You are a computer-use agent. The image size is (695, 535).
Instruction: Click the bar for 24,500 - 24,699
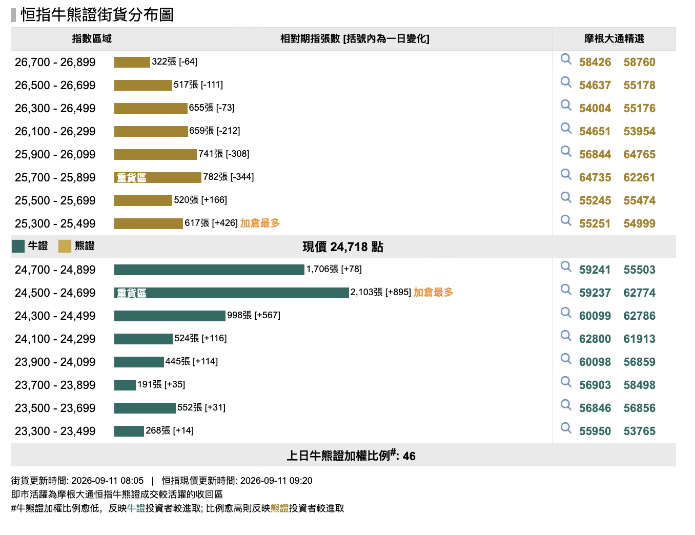pyautogui.click(x=231, y=293)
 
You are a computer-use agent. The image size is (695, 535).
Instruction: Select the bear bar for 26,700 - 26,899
pyautogui.click(x=132, y=62)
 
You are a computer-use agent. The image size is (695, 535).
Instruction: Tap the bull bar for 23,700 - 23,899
pyautogui.click(x=125, y=385)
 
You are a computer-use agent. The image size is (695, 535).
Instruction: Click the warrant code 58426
pyautogui.click(x=595, y=62)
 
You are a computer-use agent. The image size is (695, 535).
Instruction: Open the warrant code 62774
pyautogui.click(x=639, y=293)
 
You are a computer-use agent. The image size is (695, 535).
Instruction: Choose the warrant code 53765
pyautogui.click(x=639, y=431)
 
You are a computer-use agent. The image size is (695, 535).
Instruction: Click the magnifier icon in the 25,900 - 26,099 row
pyautogui.click(x=566, y=151)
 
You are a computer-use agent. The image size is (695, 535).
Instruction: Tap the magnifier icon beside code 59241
pyautogui.click(x=566, y=266)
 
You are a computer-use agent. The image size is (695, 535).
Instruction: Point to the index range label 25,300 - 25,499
pyautogui.click(x=55, y=223)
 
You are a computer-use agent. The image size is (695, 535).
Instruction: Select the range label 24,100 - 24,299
pyautogui.click(x=55, y=339)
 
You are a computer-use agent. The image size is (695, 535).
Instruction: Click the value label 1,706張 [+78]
pyautogui.click(x=334, y=269)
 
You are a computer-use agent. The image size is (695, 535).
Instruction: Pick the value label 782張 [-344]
pyautogui.click(x=229, y=177)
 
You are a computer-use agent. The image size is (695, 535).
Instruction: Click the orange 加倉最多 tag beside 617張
pyautogui.click(x=260, y=223)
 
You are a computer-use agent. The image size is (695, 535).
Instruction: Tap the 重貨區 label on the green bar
pyautogui.click(x=131, y=293)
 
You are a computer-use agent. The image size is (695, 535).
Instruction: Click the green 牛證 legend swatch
pyautogui.click(x=18, y=246)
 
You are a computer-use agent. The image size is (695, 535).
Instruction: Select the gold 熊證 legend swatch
pyautogui.click(x=65, y=246)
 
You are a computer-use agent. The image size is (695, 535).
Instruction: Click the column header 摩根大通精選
pyautogui.click(x=614, y=39)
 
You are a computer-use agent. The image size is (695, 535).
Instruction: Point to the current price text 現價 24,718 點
pyautogui.click(x=342, y=247)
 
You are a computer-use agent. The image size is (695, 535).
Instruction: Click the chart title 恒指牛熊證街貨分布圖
pyautogui.click(x=97, y=15)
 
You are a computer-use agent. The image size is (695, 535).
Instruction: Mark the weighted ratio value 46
pyautogui.click(x=409, y=456)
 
